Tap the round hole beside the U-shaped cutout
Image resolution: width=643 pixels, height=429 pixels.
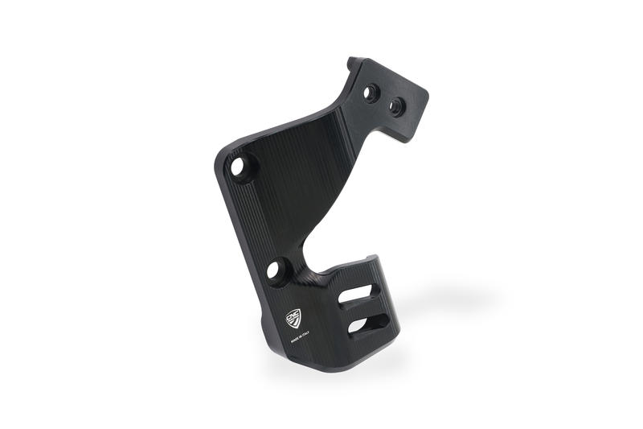click(276, 270)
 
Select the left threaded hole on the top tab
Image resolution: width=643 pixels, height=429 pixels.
click(371, 93)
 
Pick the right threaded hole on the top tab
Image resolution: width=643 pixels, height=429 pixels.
click(396, 105)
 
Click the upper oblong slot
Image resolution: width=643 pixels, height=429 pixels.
click(354, 295)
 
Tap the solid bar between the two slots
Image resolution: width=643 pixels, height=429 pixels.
click(362, 309)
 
